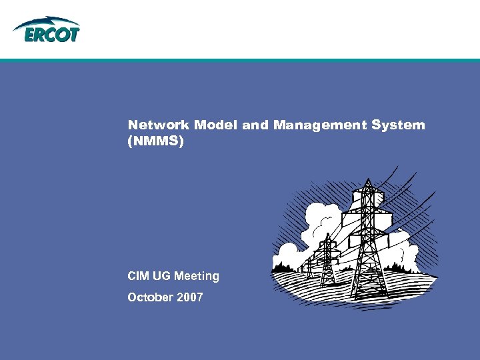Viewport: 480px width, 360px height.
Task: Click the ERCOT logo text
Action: tap(52, 34)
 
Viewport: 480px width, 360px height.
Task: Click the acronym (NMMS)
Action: tap(155, 141)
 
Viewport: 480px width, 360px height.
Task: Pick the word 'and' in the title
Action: tap(255, 125)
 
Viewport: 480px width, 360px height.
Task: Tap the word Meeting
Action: tap(197, 275)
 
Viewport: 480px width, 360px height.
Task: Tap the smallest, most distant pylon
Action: tap(308, 267)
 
